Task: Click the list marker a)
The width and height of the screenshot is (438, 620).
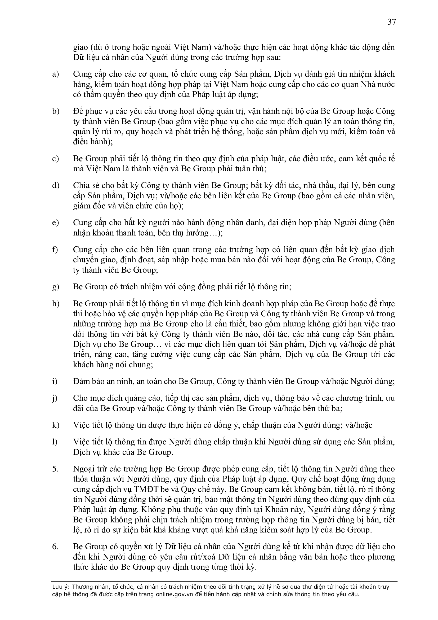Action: pyautogui.click(x=56, y=74)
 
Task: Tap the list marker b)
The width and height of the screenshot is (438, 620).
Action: pyautogui.click(x=56, y=111)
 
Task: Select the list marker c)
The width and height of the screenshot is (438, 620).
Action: pyautogui.click(x=56, y=159)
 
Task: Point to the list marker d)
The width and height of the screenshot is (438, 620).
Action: pyautogui.click(x=56, y=186)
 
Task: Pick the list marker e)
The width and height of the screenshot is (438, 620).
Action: pyautogui.click(x=56, y=222)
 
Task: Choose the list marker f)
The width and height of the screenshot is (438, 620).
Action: pyautogui.click(x=55, y=250)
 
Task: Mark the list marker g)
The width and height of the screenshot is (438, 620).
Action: pyautogui.click(x=56, y=287)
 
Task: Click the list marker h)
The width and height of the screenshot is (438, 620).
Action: pyautogui.click(x=56, y=304)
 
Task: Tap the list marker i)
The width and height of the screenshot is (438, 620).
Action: pyautogui.click(x=55, y=381)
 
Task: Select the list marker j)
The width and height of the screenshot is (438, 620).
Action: pyautogui.click(x=55, y=398)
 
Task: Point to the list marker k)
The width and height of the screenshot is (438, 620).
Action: pyautogui.click(x=56, y=425)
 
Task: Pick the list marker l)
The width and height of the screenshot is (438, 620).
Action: pyautogui.click(x=55, y=442)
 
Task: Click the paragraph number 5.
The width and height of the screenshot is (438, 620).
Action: pyautogui.click(x=55, y=469)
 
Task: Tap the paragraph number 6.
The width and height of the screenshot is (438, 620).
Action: pyautogui.click(x=55, y=547)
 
